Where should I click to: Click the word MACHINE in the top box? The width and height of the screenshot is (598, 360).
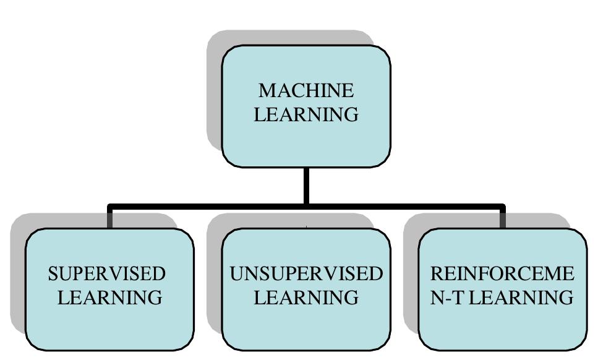[x=306, y=91]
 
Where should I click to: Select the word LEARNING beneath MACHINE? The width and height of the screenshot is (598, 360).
[x=306, y=114]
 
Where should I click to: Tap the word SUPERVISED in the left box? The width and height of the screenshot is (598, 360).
[x=107, y=274]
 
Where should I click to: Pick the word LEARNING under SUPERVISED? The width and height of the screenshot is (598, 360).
[x=110, y=298]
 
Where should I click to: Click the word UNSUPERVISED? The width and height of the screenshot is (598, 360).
[x=306, y=274]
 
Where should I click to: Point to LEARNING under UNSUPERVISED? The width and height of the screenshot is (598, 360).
[x=306, y=298]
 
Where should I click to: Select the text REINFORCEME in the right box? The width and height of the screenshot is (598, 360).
[x=502, y=274]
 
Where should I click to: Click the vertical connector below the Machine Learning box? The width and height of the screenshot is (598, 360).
[x=306, y=186]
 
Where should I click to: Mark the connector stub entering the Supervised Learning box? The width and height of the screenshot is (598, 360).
[x=110, y=218]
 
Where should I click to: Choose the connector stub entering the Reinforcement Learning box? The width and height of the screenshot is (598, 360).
[x=503, y=218]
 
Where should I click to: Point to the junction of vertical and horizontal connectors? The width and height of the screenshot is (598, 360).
[x=306, y=207]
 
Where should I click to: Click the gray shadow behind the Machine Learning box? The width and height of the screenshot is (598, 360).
[x=214, y=93]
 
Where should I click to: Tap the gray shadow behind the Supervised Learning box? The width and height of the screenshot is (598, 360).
[x=17, y=278]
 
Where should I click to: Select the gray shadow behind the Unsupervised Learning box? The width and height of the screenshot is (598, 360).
[x=214, y=278]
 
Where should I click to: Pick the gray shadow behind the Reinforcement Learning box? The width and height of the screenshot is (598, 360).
[x=411, y=278]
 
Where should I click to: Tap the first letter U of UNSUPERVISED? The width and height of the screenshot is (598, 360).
[x=236, y=274]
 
